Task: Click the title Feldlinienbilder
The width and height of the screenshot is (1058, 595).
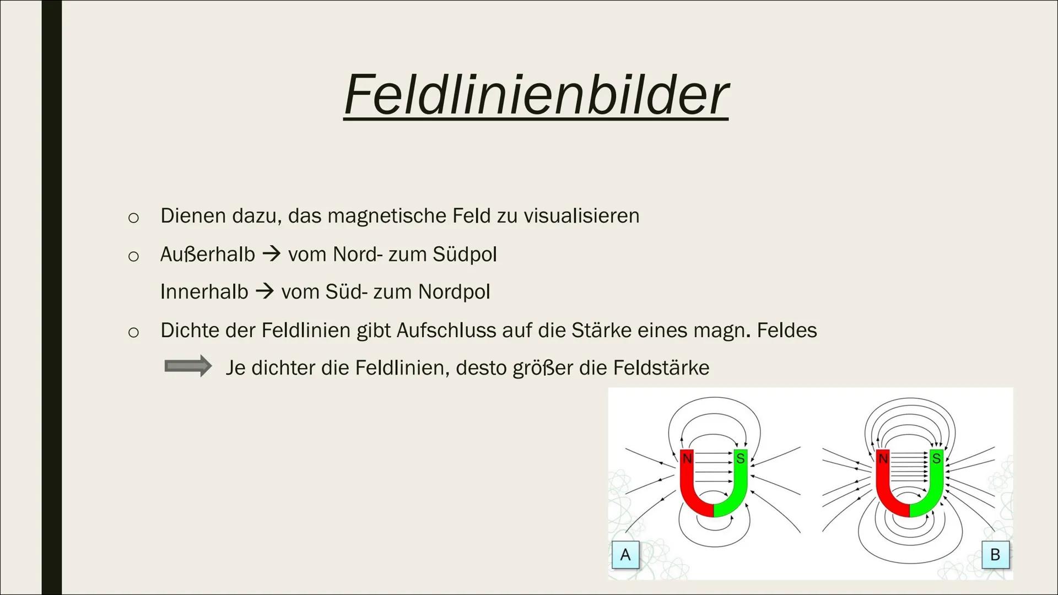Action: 536,94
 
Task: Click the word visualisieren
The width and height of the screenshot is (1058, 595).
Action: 581,215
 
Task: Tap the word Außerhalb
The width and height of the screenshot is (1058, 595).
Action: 208,254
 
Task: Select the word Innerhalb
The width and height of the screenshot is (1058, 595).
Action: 204,291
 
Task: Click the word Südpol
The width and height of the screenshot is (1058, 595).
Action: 465,255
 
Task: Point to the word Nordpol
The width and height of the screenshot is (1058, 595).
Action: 454,292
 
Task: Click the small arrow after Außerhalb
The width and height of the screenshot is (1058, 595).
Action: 272,254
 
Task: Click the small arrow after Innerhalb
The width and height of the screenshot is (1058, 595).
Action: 265,291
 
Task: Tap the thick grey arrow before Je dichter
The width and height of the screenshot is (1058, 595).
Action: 188,366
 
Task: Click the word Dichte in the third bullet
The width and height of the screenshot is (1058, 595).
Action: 190,330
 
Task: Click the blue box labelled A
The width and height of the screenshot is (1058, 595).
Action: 625,554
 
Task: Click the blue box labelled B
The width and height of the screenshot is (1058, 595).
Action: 995,554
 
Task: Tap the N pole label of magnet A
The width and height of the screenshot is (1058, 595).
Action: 687,458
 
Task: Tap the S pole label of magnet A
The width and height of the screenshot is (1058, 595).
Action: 740,458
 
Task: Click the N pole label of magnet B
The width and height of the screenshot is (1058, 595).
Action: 883,458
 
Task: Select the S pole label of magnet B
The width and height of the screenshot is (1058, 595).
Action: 936,458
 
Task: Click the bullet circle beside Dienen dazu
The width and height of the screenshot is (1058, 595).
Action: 133,218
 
